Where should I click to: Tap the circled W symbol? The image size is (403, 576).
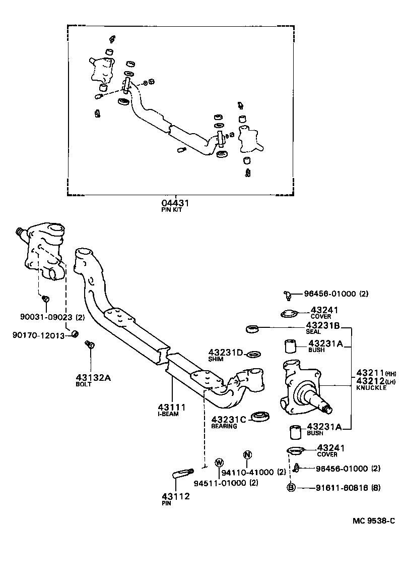[219, 462]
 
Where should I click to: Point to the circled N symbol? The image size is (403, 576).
[247, 454]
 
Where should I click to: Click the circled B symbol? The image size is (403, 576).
[291, 488]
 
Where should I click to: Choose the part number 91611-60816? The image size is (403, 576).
[341, 488]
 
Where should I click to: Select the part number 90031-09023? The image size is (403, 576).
[46, 317]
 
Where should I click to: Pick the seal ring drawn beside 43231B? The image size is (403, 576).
[252, 329]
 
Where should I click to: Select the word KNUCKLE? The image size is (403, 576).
[370, 388]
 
